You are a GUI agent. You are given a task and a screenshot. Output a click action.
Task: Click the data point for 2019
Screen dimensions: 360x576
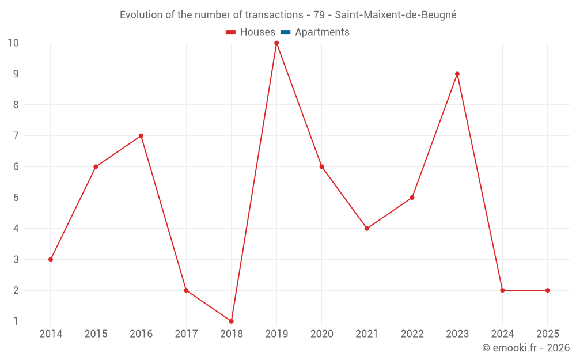point(276,43)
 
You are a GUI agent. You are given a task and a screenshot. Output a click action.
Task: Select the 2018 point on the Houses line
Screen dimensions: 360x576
point(232,321)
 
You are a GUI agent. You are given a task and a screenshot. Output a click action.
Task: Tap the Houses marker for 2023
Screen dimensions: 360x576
point(457,74)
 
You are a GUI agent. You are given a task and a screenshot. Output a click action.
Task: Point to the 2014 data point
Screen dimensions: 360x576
point(51,259)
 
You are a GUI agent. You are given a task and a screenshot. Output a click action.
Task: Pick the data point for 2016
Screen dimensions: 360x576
point(141,136)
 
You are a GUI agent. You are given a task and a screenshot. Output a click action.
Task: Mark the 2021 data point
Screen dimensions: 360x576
point(367,229)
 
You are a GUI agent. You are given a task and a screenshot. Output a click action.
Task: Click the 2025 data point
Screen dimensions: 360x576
point(547,290)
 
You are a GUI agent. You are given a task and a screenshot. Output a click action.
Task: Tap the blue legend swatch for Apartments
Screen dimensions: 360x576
point(285,32)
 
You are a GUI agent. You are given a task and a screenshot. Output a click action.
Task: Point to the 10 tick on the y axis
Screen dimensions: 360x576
point(13,43)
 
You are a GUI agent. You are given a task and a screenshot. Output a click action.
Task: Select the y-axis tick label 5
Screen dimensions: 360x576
point(16,198)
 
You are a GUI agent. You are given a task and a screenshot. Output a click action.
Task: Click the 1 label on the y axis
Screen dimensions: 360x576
point(16,321)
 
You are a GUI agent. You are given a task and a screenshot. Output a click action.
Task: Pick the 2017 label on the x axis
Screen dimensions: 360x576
point(186,334)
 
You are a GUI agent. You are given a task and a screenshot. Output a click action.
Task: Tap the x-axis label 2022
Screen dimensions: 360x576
point(412,334)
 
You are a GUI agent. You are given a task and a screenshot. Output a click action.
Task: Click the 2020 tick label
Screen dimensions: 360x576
point(321,334)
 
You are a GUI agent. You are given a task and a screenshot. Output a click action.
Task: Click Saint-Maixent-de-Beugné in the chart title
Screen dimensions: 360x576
point(396,15)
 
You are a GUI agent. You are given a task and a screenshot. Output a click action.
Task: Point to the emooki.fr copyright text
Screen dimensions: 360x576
point(526,348)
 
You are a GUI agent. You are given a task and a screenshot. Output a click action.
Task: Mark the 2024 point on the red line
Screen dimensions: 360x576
point(502,290)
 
